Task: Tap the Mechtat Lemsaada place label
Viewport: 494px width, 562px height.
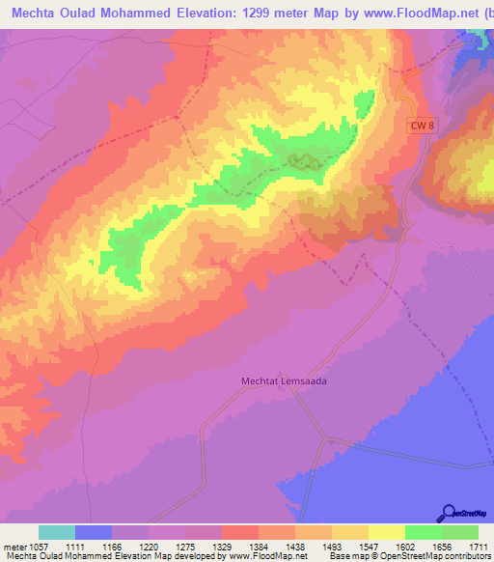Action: pyautogui.click(x=284, y=381)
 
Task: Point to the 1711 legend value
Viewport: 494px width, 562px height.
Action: pyautogui.click(x=478, y=546)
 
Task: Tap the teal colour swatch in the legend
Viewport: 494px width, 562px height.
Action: pyautogui.click(x=57, y=532)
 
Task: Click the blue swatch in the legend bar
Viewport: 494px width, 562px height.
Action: pyautogui.click(x=94, y=532)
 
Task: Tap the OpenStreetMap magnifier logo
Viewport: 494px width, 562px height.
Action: pyautogui.click(x=450, y=513)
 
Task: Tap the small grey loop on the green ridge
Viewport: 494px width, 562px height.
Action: pyautogui.click(x=306, y=162)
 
